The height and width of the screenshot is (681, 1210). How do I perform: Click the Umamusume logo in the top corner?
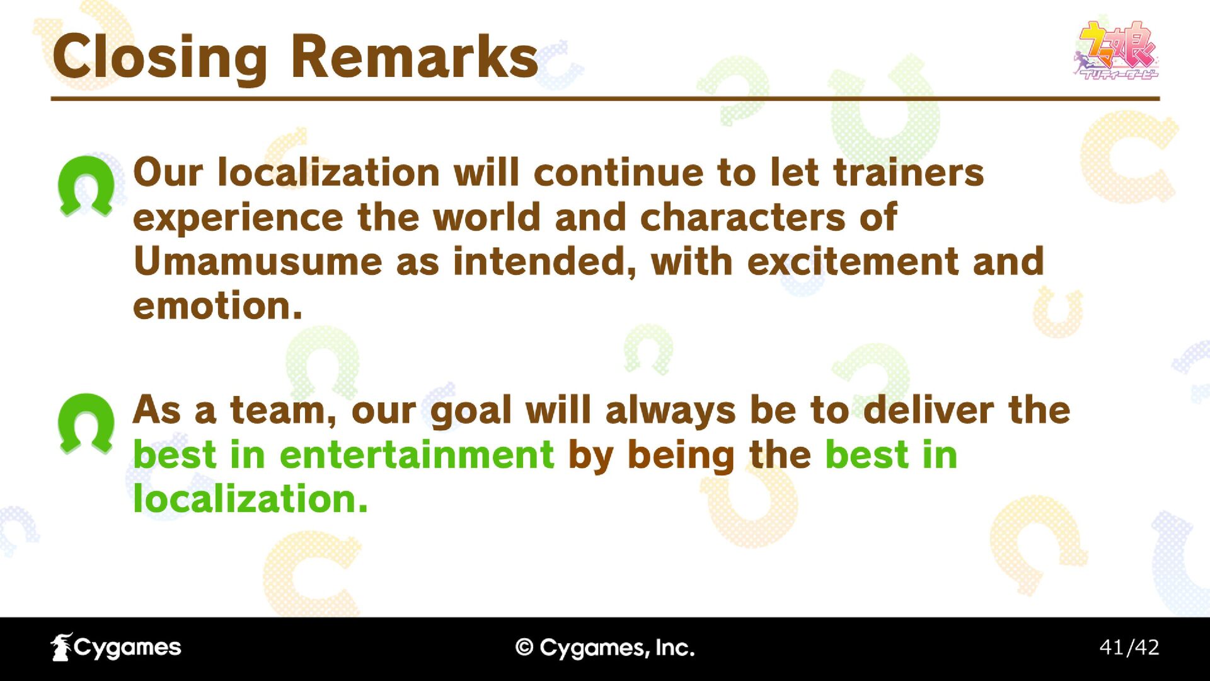click(1116, 50)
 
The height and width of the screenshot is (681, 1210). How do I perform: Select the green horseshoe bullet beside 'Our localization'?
click(86, 186)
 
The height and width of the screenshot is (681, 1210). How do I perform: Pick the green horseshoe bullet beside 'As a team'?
click(86, 424)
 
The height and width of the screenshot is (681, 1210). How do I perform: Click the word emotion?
click(218, 306)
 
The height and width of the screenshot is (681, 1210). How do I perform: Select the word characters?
click(742, 218)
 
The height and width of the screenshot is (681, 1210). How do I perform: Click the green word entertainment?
click(417, 455)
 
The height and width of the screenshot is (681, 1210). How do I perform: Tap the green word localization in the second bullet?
click(250, 499)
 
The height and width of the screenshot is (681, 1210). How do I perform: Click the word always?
click(671, 410)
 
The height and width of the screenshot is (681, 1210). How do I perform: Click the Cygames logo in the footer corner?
click(116, 647)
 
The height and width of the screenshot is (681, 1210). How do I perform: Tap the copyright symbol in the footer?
click(524, 648)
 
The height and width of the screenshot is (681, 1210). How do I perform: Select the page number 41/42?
click(1129, 647)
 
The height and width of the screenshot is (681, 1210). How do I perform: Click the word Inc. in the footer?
click(675, 648)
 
